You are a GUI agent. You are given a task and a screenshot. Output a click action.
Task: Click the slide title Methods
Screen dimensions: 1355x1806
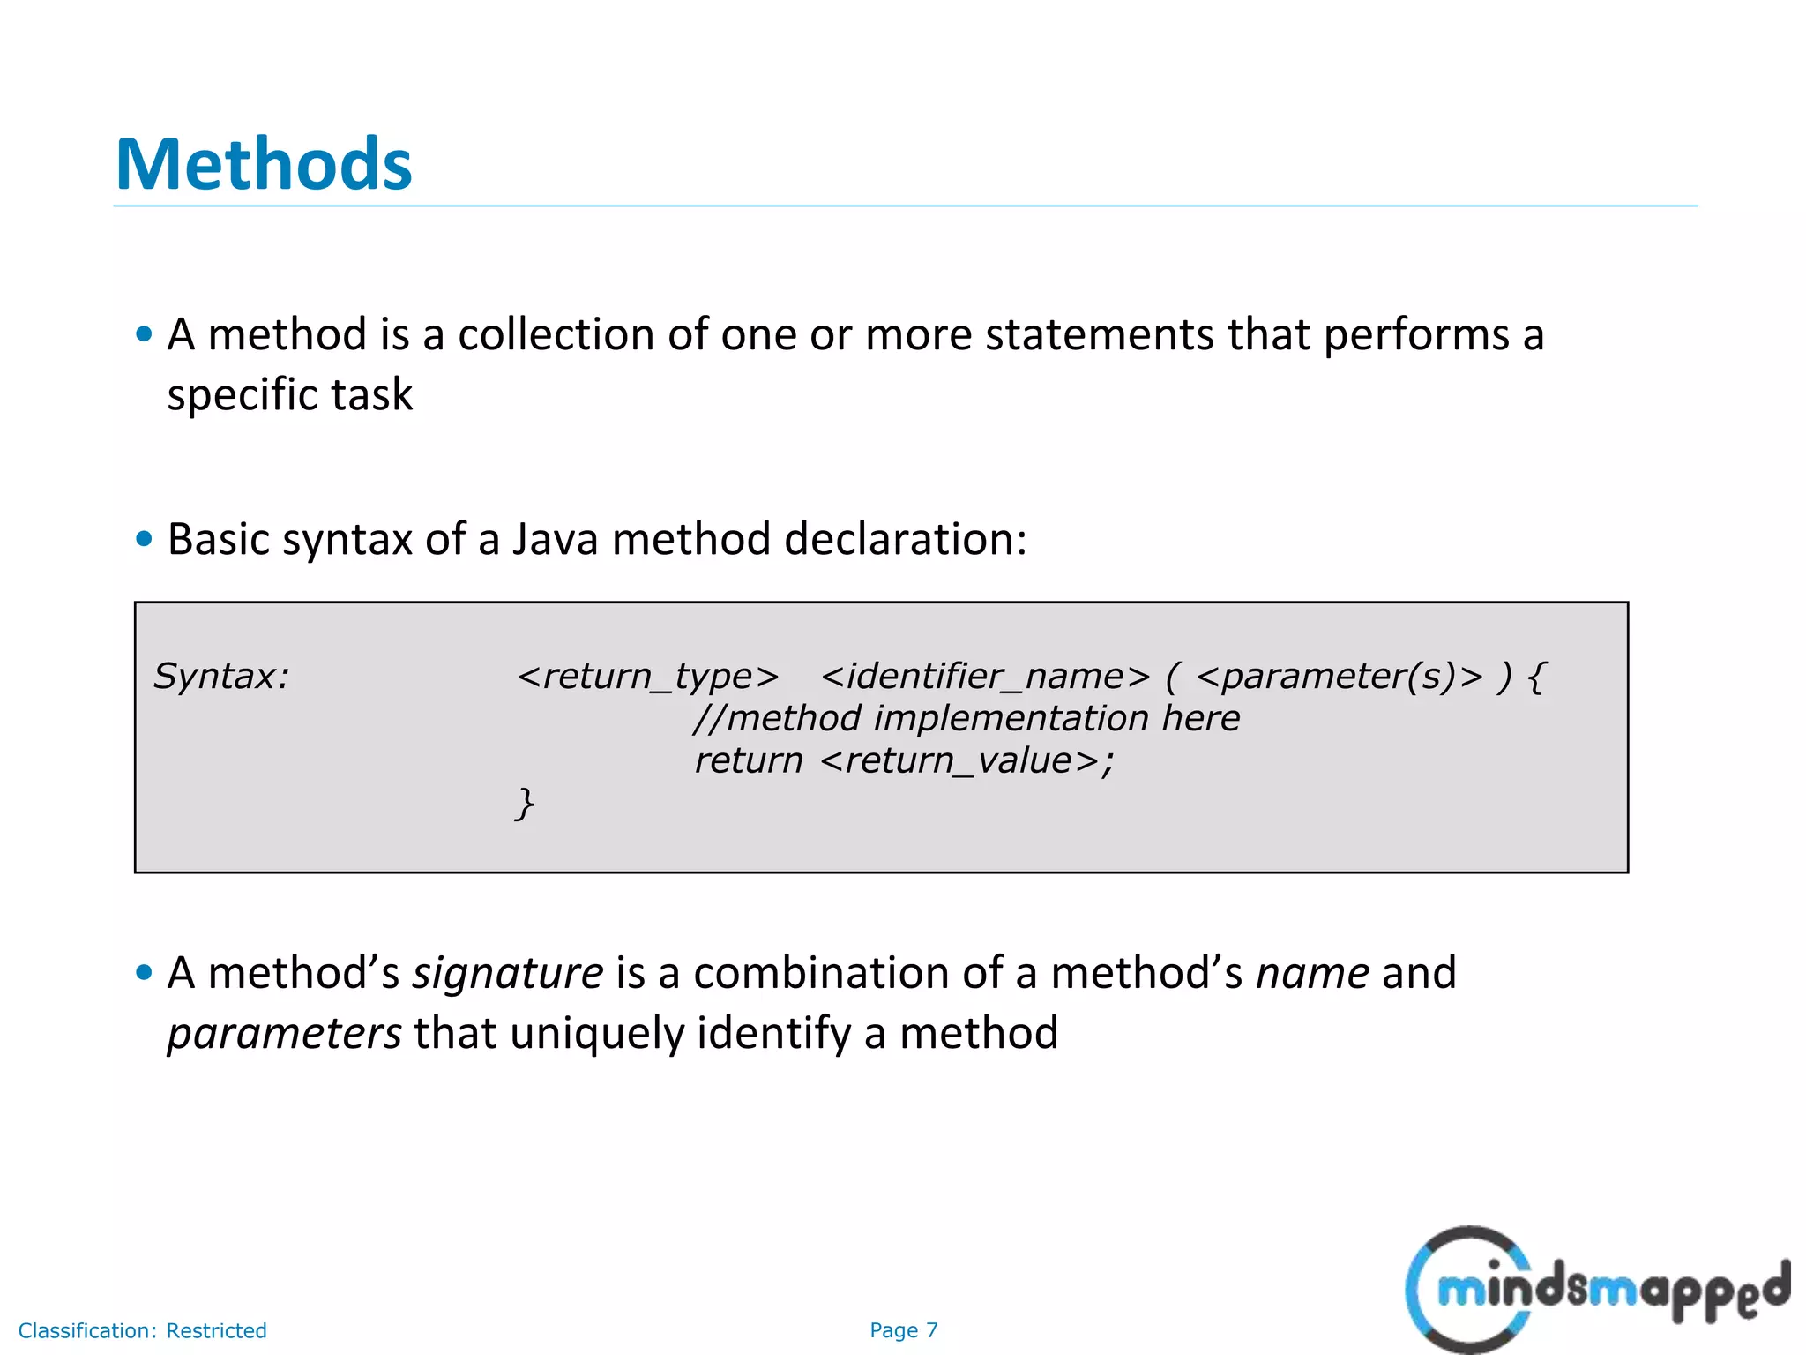(264, 165)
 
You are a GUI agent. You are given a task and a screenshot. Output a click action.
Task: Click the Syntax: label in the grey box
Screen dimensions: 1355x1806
(221, 677)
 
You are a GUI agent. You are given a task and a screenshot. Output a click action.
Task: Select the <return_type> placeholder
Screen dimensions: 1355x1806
(648, 677)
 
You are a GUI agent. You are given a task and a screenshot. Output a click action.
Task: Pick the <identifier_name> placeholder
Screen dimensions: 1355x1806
(985, 677)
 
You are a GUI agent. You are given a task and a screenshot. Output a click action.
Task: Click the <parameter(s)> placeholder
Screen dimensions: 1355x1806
(1340, 677)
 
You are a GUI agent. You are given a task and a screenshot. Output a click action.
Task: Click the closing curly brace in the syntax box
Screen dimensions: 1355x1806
(525, 804)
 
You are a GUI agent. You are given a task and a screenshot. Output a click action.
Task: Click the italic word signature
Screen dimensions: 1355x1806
(508, 974)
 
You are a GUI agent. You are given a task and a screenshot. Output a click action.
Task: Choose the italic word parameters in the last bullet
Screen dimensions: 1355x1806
(284, 1033)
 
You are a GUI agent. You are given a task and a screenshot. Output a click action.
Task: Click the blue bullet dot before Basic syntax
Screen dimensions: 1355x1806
(145, 538)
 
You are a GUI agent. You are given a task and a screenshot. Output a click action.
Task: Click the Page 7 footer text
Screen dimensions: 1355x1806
(903, 1330)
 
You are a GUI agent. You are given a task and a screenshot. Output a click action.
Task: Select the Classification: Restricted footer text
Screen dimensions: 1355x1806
(142, 1330)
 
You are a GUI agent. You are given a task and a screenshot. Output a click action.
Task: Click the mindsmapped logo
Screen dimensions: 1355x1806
(1596, 1289)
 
